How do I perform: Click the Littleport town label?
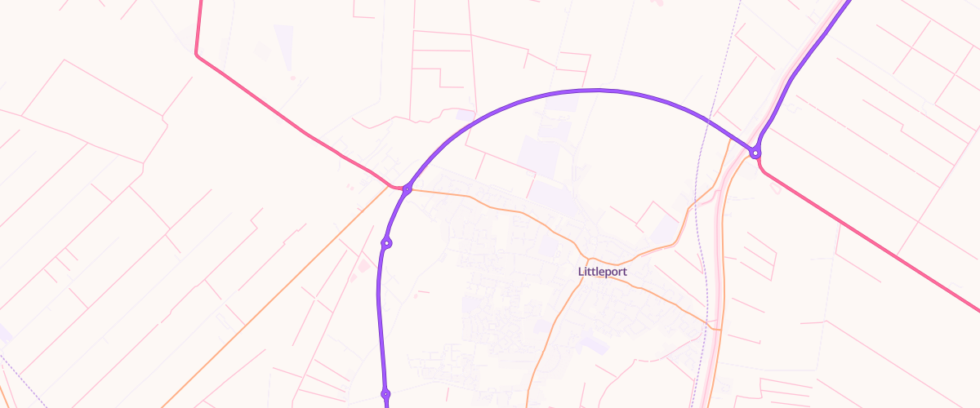click(603, 272)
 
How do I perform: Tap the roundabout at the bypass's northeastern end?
click(755, 153)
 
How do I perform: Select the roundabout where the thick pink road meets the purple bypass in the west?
click(407, 189)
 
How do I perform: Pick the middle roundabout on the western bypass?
click(387, 242)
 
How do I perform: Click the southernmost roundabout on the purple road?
click(385, 393)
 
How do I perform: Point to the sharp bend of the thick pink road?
click(197, 54)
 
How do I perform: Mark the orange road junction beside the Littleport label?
click(581, 259)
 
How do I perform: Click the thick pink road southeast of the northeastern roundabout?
click(866, 237)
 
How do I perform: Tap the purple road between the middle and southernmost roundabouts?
click(380, 318)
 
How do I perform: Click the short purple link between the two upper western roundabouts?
click(396, 215)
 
